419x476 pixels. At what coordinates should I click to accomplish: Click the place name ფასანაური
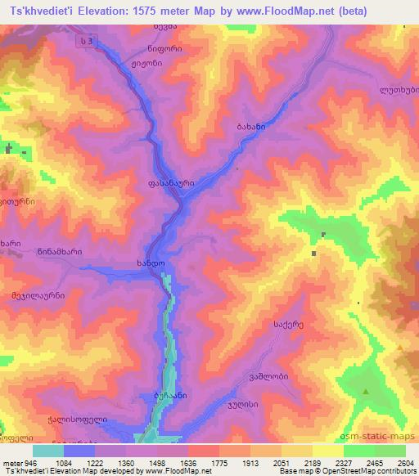click(171, 185)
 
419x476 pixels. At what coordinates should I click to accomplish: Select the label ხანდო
click(151, 265)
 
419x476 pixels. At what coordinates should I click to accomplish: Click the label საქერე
click(266, 326)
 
